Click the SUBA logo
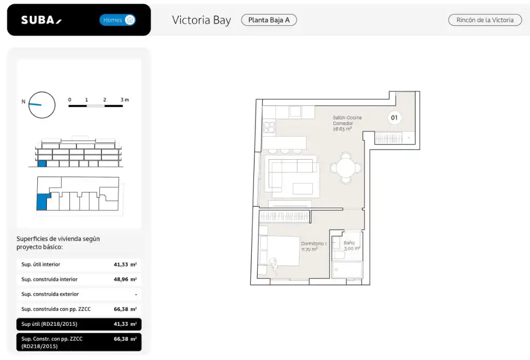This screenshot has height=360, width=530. (41, 20)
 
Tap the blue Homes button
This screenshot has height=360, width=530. (118, 20)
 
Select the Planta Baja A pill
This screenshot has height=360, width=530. (269, 20)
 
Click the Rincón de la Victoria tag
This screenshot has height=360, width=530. (485, 20)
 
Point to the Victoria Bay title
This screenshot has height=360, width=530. (201, 20)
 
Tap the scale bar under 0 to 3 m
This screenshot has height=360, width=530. (96, 106)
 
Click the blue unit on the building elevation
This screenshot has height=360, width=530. (42, 164)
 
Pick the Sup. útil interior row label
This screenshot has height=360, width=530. (40, 264)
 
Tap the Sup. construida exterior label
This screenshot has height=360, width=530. (50, 294)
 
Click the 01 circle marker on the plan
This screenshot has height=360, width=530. (394, 118)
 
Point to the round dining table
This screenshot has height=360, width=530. (346, 168)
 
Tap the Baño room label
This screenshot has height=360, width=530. (349, 243)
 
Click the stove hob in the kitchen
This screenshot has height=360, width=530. (269, 127)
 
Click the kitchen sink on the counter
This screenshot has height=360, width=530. (295, 111)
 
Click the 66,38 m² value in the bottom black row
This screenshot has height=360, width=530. (125, 339)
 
